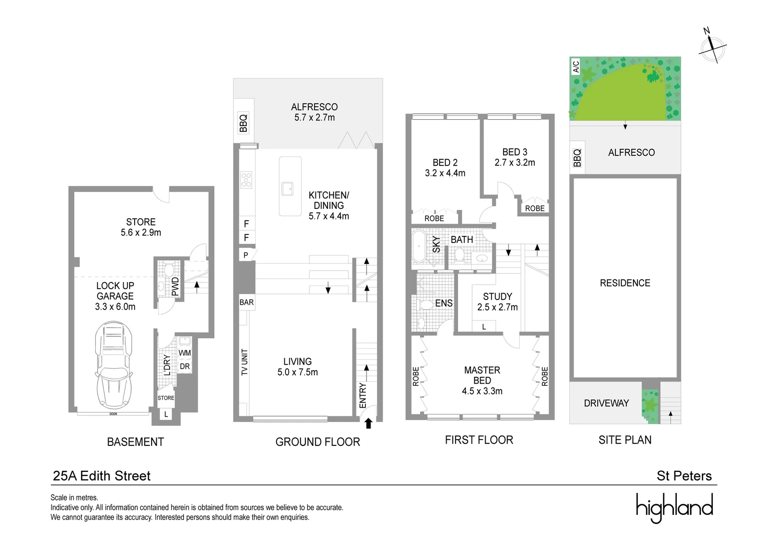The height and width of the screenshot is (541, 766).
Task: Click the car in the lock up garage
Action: point(114,365)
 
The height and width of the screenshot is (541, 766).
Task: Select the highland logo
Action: point(674,507)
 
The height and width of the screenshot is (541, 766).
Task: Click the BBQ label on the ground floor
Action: point(243,123)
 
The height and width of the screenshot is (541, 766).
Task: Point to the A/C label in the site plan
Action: point(576,67)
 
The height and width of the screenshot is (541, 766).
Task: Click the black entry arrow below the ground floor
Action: point(368,423)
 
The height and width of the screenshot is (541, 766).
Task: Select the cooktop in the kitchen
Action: point(246,180)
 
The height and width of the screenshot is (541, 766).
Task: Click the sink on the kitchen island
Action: point(287,188)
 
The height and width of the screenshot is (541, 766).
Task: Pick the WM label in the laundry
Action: point(185,353)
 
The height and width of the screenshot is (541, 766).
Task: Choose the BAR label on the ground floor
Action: point(246,303)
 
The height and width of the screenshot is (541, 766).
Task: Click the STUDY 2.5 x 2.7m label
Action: point(498,302)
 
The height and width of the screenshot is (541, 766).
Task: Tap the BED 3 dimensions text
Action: point(515,162)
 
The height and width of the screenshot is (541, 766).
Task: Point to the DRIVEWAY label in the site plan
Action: point(606,403)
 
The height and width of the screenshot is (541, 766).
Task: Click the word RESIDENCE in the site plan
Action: point(625,283)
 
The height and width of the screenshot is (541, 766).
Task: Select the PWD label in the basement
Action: point(175,287)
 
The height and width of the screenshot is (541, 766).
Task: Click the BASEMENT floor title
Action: point(135,442)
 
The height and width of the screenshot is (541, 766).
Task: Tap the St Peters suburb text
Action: point(684,476)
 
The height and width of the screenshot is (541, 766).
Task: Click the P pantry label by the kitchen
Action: point(245,255)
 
